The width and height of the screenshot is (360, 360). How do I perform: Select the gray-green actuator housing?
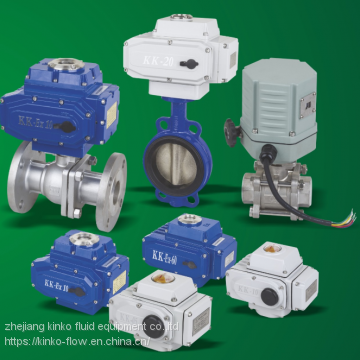click(282, 100)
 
